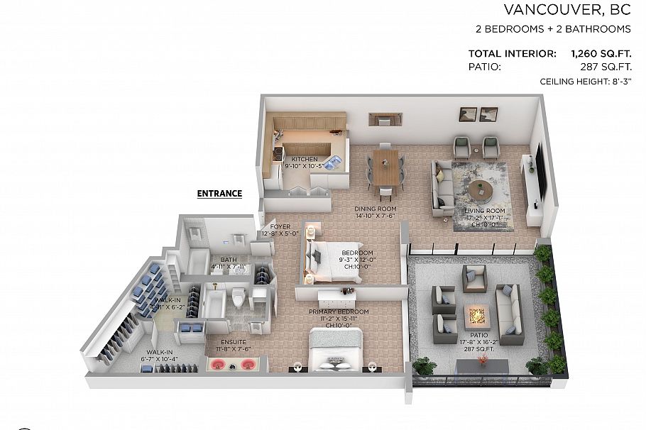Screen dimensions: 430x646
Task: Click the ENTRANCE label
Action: [219, 193]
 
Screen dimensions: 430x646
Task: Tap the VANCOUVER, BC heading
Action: [566, 9]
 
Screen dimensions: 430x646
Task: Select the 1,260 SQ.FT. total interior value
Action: [601, 53]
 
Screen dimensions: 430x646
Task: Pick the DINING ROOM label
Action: [375, 209]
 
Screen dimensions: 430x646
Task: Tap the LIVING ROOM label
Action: [485, 211]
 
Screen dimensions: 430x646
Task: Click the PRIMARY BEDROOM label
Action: [339, 312]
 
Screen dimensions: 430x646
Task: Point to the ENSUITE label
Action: [234, 341]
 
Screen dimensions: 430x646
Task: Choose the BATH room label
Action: [228, 260]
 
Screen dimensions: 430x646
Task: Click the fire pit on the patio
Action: [473, 313]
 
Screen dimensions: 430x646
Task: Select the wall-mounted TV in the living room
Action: [542, 171]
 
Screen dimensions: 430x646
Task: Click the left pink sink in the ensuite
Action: [217, 364]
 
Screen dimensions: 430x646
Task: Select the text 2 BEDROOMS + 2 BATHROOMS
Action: [553, 29]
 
